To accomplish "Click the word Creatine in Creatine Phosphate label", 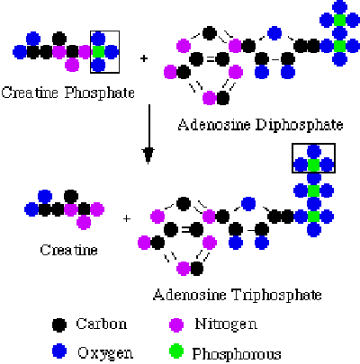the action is tap(30, 93).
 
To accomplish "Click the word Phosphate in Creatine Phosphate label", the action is tap(100, 93).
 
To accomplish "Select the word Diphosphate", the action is tap(299, 125).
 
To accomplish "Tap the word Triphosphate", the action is tap(277, 295).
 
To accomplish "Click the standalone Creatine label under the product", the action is tap(68, 250).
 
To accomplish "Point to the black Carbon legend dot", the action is tap(59, 324).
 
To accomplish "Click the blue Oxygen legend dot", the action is tap(59, 351).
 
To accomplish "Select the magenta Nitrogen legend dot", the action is tap(176, 324).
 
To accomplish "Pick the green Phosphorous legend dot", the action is tap(176, 351).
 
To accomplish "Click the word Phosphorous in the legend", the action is tap(237, 354).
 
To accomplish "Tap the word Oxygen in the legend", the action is tap(105, 353).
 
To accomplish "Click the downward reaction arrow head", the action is tap(148, 155).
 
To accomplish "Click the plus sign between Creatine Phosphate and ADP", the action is tap(144, 58).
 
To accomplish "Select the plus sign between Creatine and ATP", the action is tap(127, 219).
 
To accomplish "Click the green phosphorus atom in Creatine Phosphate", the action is tap(98, 52).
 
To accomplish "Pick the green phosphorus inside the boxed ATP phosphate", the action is tap(313, 164).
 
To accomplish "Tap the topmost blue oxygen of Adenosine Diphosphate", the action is tap(339, 6).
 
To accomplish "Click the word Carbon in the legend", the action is tap(102, 324).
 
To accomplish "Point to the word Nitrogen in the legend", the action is tap(226, 324).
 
